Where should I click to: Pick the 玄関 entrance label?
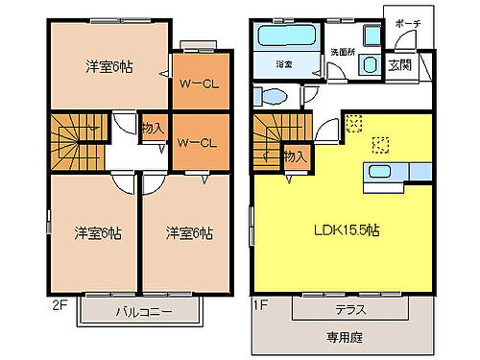[399, 65]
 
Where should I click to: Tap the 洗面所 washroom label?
[344, 50]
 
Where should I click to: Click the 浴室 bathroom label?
[284, 65]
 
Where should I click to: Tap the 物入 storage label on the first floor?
[295, 155]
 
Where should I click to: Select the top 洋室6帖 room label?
[108, 66]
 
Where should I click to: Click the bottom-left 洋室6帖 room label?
[98, 231]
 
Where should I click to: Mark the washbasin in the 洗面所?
[369, 64]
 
